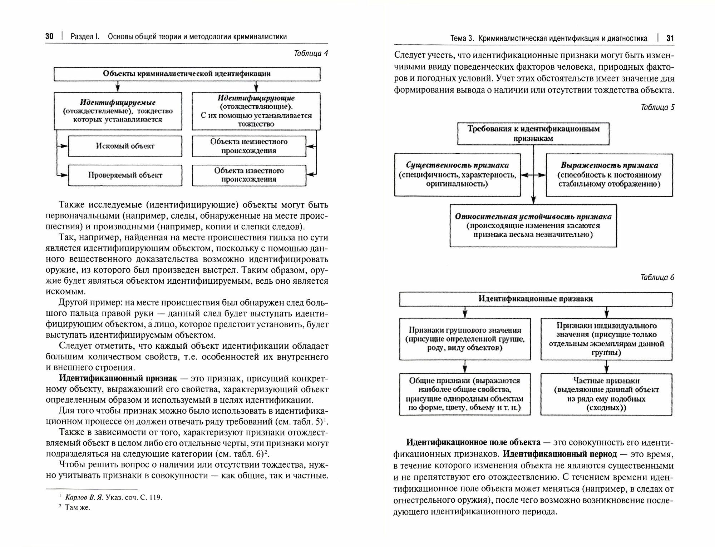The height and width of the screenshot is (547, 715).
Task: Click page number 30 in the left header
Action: coord(49,36)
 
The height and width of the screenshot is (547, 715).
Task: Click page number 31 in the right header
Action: coord(670,39)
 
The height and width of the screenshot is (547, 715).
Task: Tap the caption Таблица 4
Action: coord(311,53)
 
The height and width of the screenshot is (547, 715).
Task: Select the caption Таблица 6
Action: coord(657,277)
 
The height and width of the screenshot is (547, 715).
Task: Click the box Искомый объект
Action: coord(125,146)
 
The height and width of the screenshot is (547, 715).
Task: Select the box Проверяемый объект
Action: coord(125,175)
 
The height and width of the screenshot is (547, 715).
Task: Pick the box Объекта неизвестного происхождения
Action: coord(249,146)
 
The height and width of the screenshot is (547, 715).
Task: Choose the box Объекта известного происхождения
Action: coord(249,175)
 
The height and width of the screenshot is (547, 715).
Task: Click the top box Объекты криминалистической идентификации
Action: coord(187,74)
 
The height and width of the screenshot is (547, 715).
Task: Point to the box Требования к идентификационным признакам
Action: coord(533,134)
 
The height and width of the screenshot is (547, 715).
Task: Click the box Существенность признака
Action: coord(457,175)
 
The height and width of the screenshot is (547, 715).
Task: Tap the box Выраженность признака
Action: coord(609,175)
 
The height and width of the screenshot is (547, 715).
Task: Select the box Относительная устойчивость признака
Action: coord(533,225)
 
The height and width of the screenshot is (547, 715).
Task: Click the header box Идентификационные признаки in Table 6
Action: coord(536,299)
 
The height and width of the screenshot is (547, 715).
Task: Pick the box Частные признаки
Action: coord(606,394)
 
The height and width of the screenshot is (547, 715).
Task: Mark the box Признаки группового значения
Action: coord(465,339)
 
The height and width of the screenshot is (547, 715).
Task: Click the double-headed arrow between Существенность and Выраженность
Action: coord(533,175)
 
